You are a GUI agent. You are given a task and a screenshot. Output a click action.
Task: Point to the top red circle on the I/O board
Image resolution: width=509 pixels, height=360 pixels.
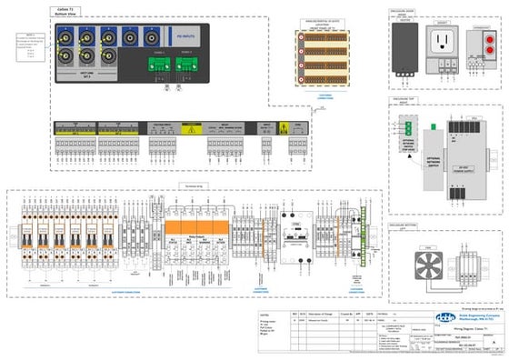pyautogui.click(x=301, y=39)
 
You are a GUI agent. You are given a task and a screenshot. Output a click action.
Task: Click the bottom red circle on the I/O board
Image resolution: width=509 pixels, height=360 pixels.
pyautogui.click(x=301, y=79)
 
